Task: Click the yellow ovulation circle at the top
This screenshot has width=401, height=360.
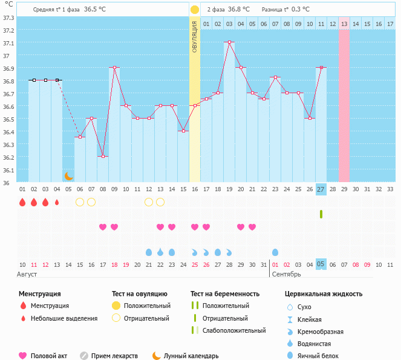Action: tap(195, 10)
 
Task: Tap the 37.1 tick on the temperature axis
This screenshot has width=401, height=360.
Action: tap(8, 44)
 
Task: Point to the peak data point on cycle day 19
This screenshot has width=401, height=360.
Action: tap(229, 42)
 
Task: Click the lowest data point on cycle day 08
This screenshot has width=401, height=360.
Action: tap(103, 156)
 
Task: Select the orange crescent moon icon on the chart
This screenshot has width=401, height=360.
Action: tap(69, 176)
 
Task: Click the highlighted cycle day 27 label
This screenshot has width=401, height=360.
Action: tap(321, 189)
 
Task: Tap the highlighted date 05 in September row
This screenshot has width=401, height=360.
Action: tap(321, 264)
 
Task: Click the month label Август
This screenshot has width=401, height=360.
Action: tap(28, 274)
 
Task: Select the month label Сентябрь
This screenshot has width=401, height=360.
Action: tap(286, 274)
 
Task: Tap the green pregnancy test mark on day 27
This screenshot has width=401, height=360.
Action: tap(321, 214)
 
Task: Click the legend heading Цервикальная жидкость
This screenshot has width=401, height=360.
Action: tap(324, 293)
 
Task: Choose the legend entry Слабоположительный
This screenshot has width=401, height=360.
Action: tap(234, 330)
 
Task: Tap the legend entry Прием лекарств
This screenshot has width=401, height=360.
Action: tap(114, 356)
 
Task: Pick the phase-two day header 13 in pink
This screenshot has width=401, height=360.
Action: tap(344, 24)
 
